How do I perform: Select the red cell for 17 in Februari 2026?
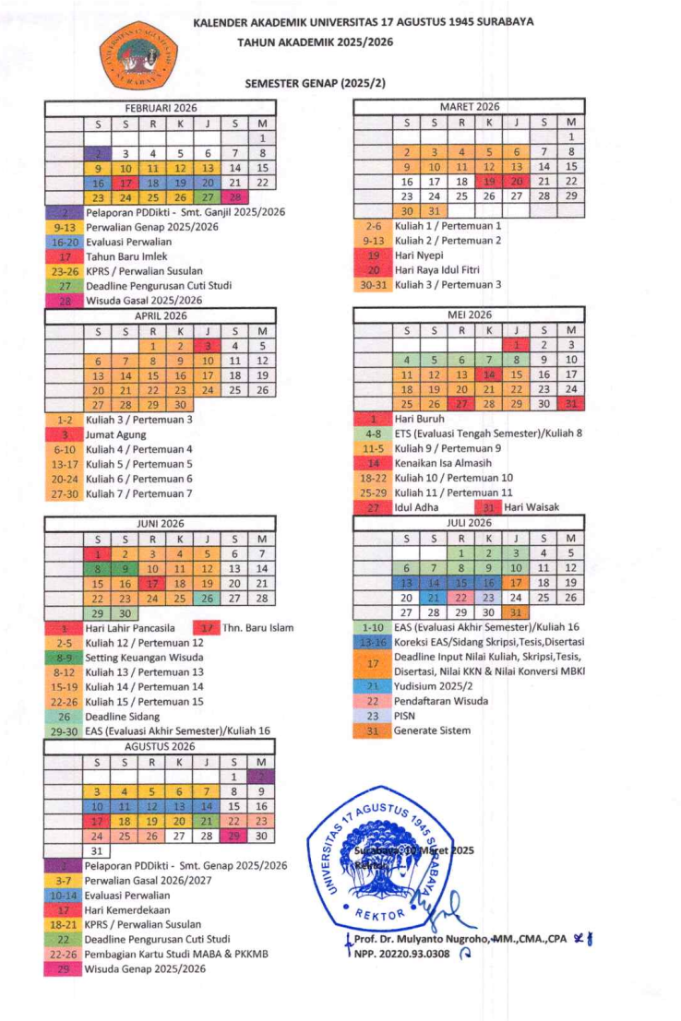pyautogui.click(x=125, y=183)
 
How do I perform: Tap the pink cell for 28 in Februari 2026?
pyautogui.click(x=235, y=197)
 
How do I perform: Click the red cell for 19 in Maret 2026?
pyautogui.click(x=489, y=182)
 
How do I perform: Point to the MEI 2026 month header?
pyautogui.click(x=470, y=315)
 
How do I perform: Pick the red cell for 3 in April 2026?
pyautogui.click(x=208, y=346)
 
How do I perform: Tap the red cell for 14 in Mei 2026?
pyautogui.click(x=489, y=374)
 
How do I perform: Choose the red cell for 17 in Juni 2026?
pyautogui.click(x=153, y=583)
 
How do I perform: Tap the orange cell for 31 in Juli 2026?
pyautogui.click(x=517, y=611)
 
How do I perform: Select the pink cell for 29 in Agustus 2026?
pyautogui.click(x=235, y=836)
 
